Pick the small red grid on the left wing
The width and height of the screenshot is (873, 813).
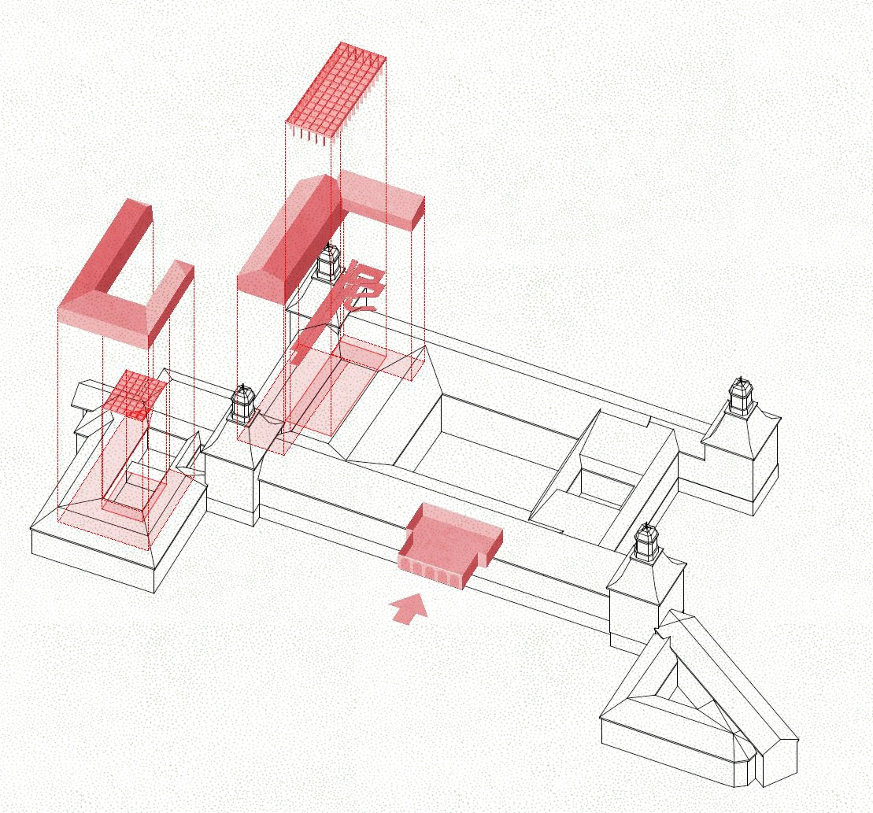coord(135,393)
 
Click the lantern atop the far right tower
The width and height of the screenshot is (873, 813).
coord(741,395)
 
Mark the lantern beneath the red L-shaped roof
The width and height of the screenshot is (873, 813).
coord(328,261)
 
